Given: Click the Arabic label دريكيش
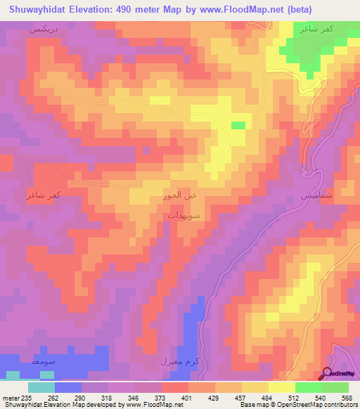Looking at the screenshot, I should pos(42,32).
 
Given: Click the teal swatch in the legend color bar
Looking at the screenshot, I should pos(41,387).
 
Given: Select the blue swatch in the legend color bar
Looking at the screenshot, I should pos(68,387).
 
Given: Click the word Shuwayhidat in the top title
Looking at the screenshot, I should pos(37,10).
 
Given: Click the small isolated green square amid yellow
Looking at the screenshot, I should pos(239,125).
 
